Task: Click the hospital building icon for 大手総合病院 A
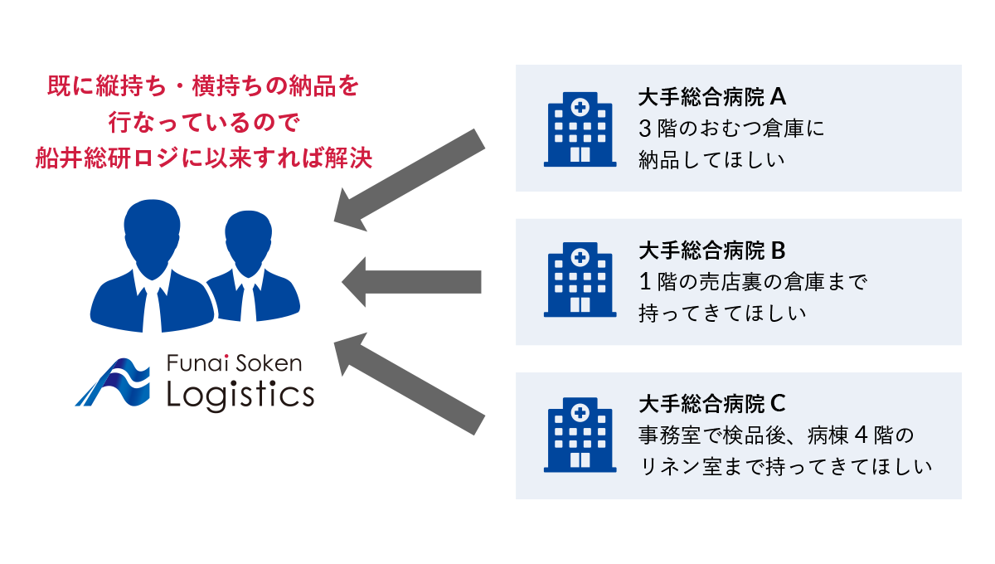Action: [580, 130]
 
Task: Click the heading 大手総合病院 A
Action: [711, 97]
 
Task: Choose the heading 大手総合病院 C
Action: [711, 404]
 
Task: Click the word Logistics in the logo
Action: [240, 395]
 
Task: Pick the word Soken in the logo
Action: [269, 363]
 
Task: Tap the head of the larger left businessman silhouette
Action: [152, 226]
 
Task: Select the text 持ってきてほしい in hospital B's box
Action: [722, 314]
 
